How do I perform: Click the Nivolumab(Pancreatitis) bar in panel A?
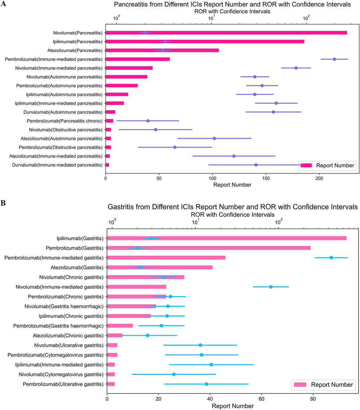click(226, 33)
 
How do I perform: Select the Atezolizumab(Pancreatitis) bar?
click(162, 50)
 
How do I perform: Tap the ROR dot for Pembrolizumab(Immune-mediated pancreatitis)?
click(334, 59)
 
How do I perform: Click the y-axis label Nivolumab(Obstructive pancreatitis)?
click(66, 129)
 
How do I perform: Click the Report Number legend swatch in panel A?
click(306, 165)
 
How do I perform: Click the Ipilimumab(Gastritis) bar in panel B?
click(227, 238)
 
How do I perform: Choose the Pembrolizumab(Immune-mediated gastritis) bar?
click(166, 258)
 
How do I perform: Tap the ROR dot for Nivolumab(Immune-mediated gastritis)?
click(271, 286)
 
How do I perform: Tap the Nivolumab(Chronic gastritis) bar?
click(146, 277)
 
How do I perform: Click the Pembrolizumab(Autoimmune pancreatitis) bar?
click(121, 85)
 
